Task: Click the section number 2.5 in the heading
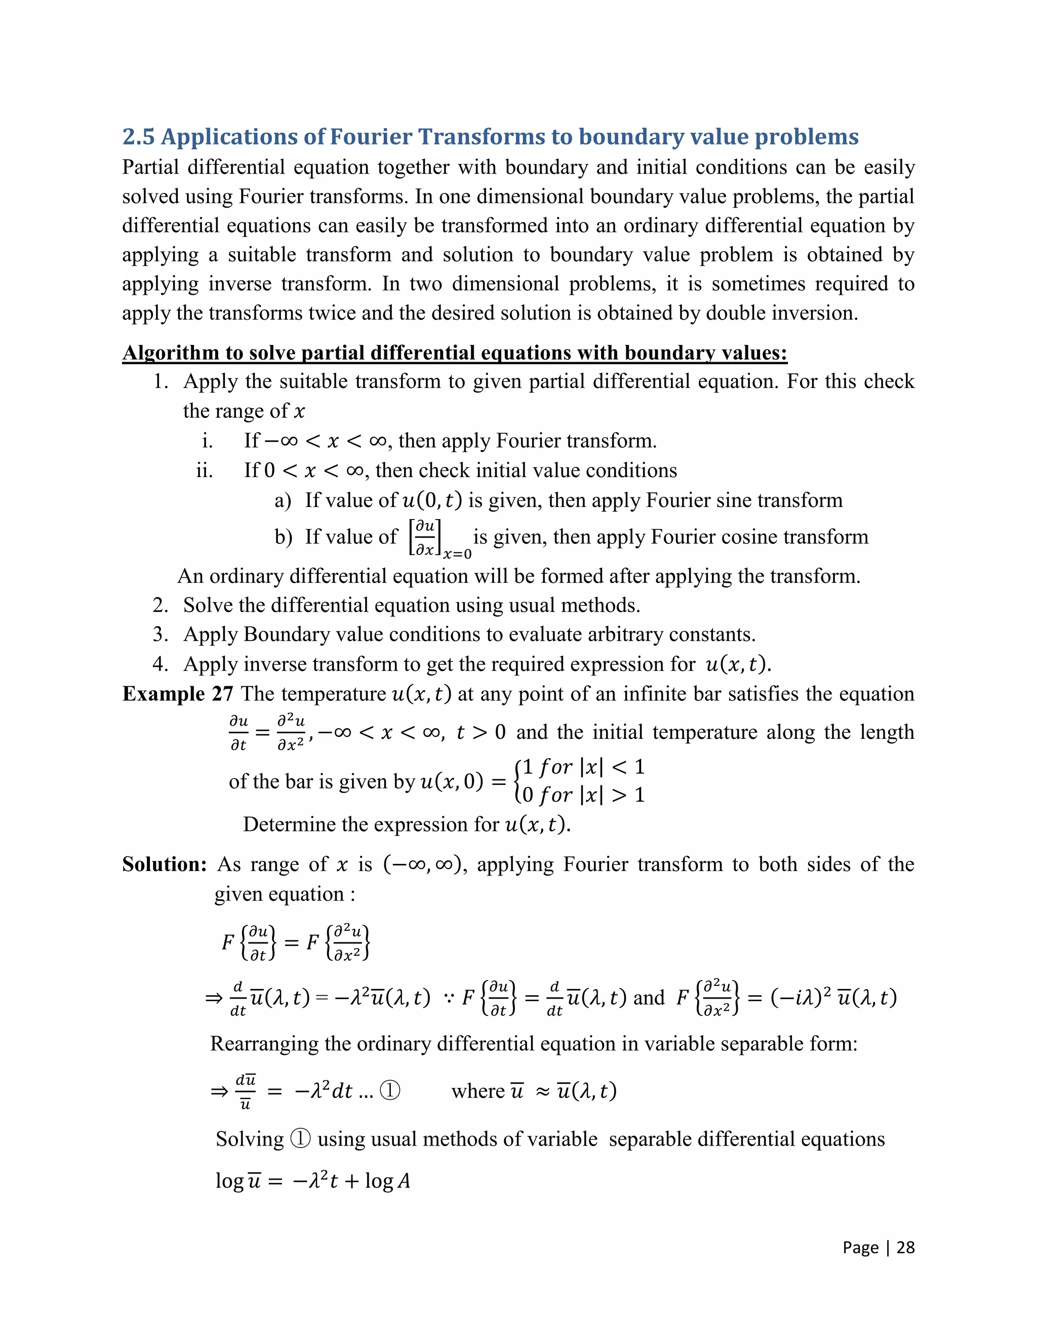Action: (138, 136)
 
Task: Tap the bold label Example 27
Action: (178, 694)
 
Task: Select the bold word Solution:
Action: (165, 864)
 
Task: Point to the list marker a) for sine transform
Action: (283, 501)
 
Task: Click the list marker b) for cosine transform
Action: (283, 537)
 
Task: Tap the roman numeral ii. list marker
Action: (205, 470)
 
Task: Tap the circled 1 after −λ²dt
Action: (390, 1091)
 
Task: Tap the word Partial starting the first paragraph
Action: (150, 167)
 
